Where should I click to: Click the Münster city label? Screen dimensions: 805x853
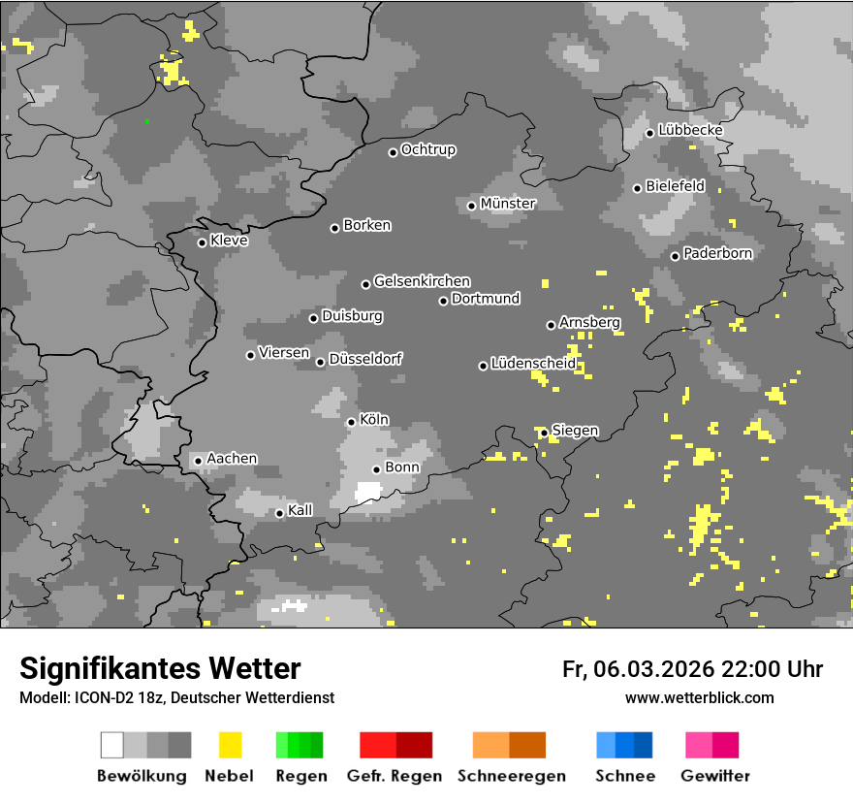[x=507, y=204]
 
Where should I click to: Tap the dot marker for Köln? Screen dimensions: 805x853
[x=351, y=422]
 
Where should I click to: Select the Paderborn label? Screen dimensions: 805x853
[x=717, y=253]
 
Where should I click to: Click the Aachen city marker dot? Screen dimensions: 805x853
[x=198, y=461]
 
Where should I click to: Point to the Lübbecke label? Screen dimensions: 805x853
[x=690, y=130]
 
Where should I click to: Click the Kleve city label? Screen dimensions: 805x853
[x=229, y=241]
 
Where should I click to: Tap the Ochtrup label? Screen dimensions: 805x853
[x=427, y=149]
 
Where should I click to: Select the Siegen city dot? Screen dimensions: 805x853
[x=544, y=433]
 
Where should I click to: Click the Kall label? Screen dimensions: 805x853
[x=300, y=510]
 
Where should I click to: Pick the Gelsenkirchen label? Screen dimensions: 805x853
[x=422, y=281]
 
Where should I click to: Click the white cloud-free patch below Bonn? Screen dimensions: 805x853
[x=368, y=493]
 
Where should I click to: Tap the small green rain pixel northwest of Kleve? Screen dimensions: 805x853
[x=146, y=121]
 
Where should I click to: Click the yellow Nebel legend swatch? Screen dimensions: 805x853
[x=230, y=745]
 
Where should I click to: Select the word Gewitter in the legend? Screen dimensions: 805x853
[x=714, y=776]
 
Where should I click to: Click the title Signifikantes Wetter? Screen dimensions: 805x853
[x=160, y=668]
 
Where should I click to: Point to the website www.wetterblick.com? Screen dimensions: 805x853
[x=699, y=697]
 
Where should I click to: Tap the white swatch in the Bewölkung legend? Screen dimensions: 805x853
[x=111, y=745]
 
